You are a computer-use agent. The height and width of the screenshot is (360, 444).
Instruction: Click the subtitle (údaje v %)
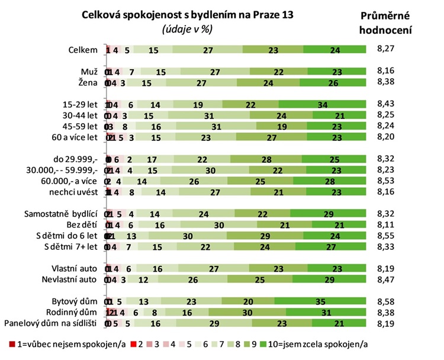tap(186, 28)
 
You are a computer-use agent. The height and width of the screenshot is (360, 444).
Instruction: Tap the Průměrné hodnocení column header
tap(387, 22)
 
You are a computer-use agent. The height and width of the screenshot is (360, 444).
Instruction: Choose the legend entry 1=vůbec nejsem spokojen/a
tap(53, 344)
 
